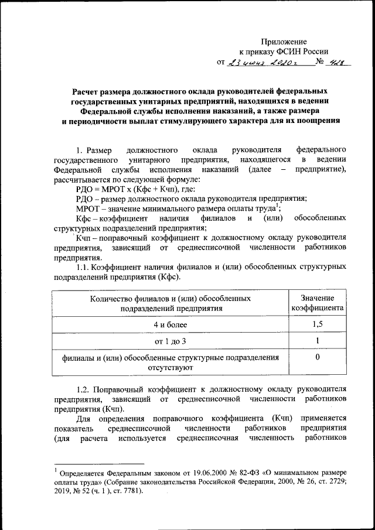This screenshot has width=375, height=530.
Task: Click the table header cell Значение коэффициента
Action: (317, 303)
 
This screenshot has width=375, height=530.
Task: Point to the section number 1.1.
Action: (86, 267)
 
